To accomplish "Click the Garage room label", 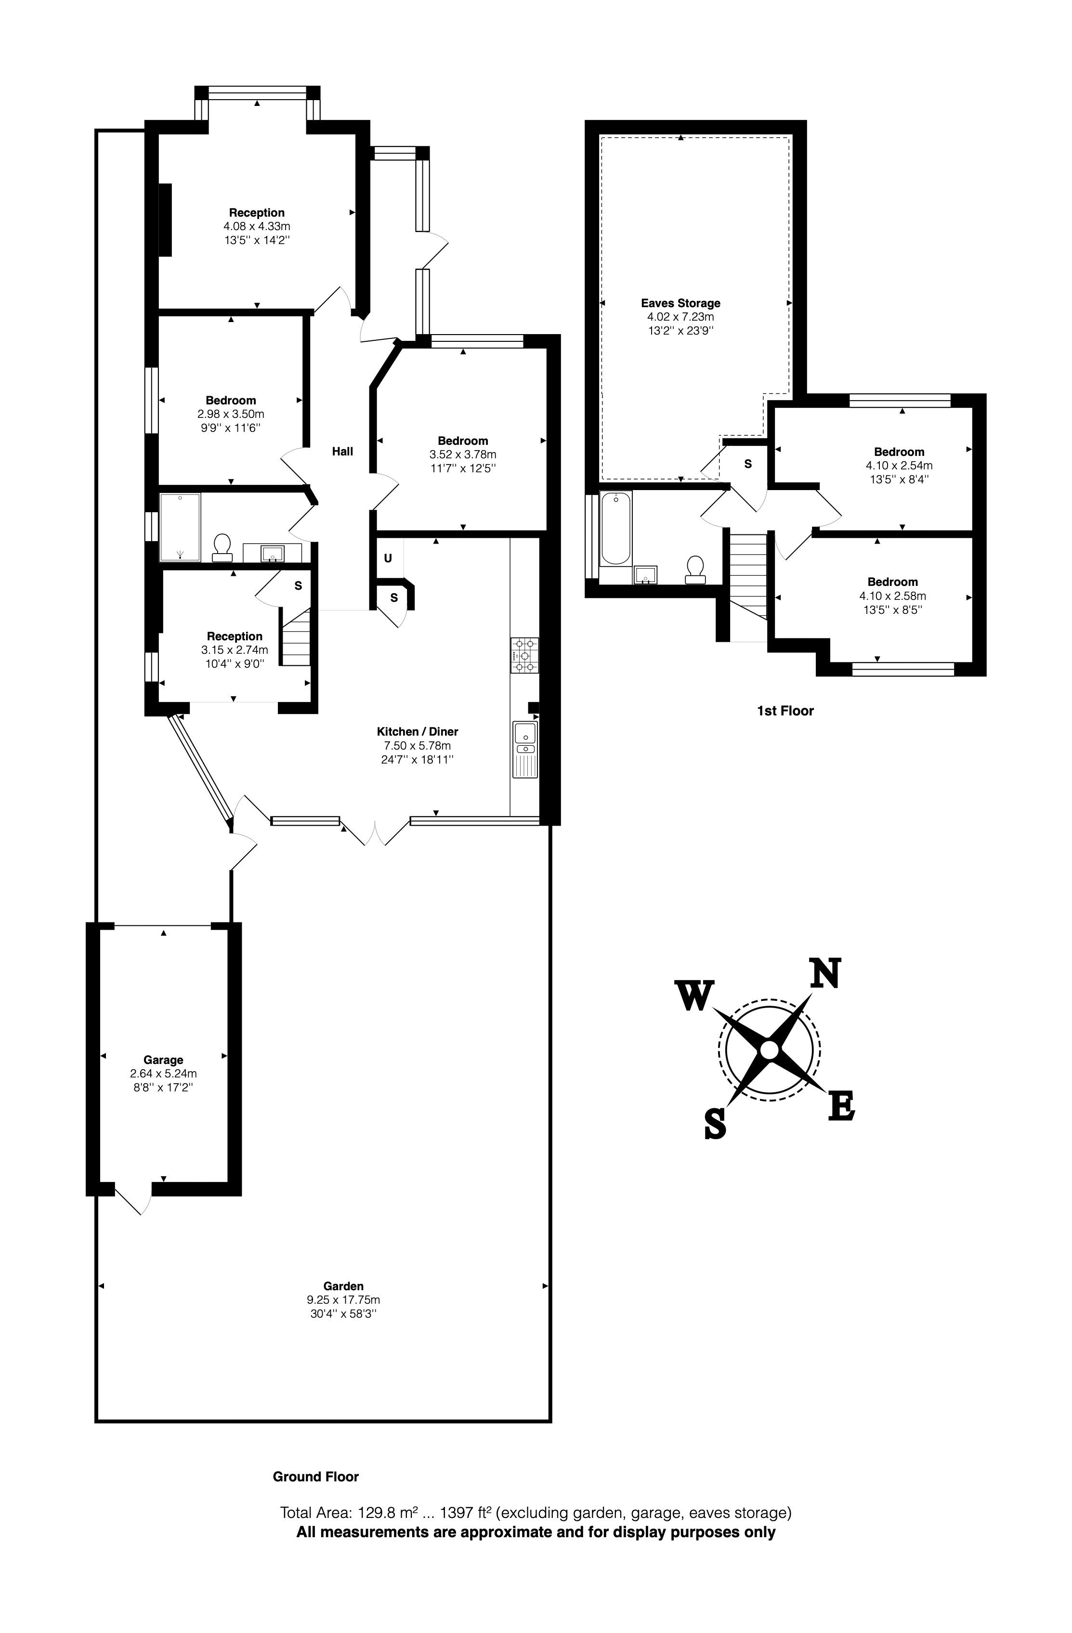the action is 163,1060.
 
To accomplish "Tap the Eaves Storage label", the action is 681,303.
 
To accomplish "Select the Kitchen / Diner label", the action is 417,731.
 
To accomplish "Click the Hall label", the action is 342,451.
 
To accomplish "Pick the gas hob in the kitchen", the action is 524,655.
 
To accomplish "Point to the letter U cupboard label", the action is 388,558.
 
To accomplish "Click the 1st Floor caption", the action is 785,711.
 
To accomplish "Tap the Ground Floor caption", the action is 316,1477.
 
